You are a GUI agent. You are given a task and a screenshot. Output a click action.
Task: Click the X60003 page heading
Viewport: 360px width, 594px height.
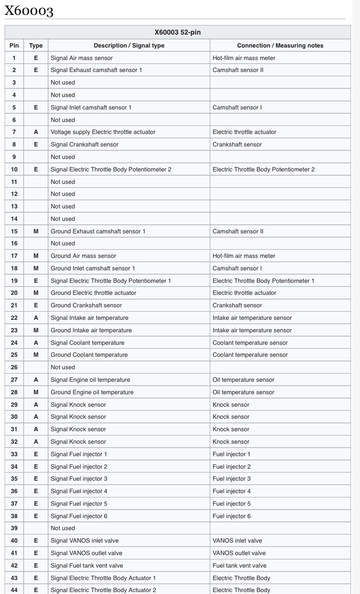29,10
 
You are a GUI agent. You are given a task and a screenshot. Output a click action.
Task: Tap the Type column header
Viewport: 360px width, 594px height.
36,46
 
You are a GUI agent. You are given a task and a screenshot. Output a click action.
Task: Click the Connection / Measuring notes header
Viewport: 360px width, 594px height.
280,46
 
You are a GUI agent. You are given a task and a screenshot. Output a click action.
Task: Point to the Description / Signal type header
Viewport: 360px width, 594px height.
129,46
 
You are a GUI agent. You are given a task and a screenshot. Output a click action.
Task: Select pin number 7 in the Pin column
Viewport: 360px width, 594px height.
14,132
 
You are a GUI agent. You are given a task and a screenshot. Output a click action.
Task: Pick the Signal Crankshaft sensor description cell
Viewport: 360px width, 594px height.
84,145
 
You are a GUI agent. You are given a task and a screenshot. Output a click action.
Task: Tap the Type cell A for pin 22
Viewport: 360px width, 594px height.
36,318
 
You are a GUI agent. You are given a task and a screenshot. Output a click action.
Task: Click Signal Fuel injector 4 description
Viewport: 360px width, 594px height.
79,491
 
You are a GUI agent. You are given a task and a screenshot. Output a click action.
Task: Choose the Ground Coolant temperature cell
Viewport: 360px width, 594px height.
89,355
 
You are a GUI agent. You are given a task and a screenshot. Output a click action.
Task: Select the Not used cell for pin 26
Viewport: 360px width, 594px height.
63,367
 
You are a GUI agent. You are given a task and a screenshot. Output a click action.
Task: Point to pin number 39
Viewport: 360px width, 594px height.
14,528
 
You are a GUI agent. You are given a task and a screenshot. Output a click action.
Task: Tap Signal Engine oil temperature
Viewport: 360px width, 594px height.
90,380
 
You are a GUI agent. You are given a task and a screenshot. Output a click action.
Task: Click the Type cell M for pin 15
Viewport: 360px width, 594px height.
36,231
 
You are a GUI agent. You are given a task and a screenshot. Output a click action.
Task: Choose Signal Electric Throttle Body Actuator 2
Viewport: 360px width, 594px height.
103,590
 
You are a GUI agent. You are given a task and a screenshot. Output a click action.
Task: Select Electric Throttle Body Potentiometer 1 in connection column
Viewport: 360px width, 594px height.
264,281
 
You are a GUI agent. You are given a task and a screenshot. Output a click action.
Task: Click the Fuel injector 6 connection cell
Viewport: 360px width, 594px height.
231,516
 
